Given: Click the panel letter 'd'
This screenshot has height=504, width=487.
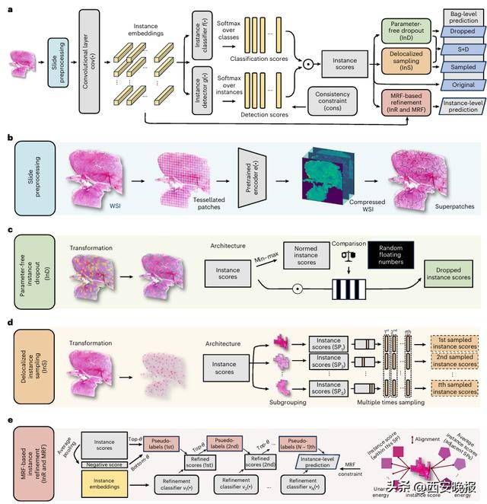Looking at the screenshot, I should point(8,323).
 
